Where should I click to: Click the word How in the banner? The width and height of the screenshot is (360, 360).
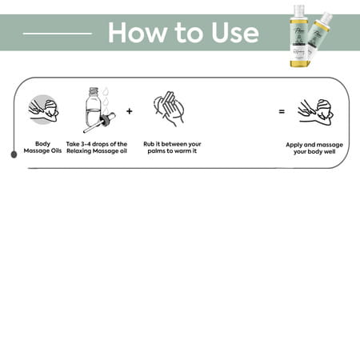point(137,32)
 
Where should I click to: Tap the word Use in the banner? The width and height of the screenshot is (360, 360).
point(235,33)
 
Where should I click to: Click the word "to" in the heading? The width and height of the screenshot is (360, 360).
point(188,33)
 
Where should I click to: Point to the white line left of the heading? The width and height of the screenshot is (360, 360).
point(58,34)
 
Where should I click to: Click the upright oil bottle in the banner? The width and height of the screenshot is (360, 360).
point(299,36)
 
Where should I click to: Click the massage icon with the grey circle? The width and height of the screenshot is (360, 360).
point(43,110)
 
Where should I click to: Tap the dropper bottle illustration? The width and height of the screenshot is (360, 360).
point(99,110)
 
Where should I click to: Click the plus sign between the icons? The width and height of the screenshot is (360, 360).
point(130,111)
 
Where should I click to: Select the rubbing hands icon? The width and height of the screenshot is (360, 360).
point(169,109)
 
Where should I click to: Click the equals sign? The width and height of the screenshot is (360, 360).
point(282,111)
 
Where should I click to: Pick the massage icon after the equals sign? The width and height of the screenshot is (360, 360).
point(315,112)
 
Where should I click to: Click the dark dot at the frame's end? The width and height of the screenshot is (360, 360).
point(14,154)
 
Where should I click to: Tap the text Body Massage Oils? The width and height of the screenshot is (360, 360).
point(42,147)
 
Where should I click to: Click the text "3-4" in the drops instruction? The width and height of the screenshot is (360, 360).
point(86,144)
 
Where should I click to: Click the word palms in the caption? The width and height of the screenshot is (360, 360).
point(157,151)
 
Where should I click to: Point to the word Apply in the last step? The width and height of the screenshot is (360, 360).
point(294,145)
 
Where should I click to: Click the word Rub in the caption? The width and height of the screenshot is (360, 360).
point(149,144)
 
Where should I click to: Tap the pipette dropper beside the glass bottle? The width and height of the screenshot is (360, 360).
point(99,123)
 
